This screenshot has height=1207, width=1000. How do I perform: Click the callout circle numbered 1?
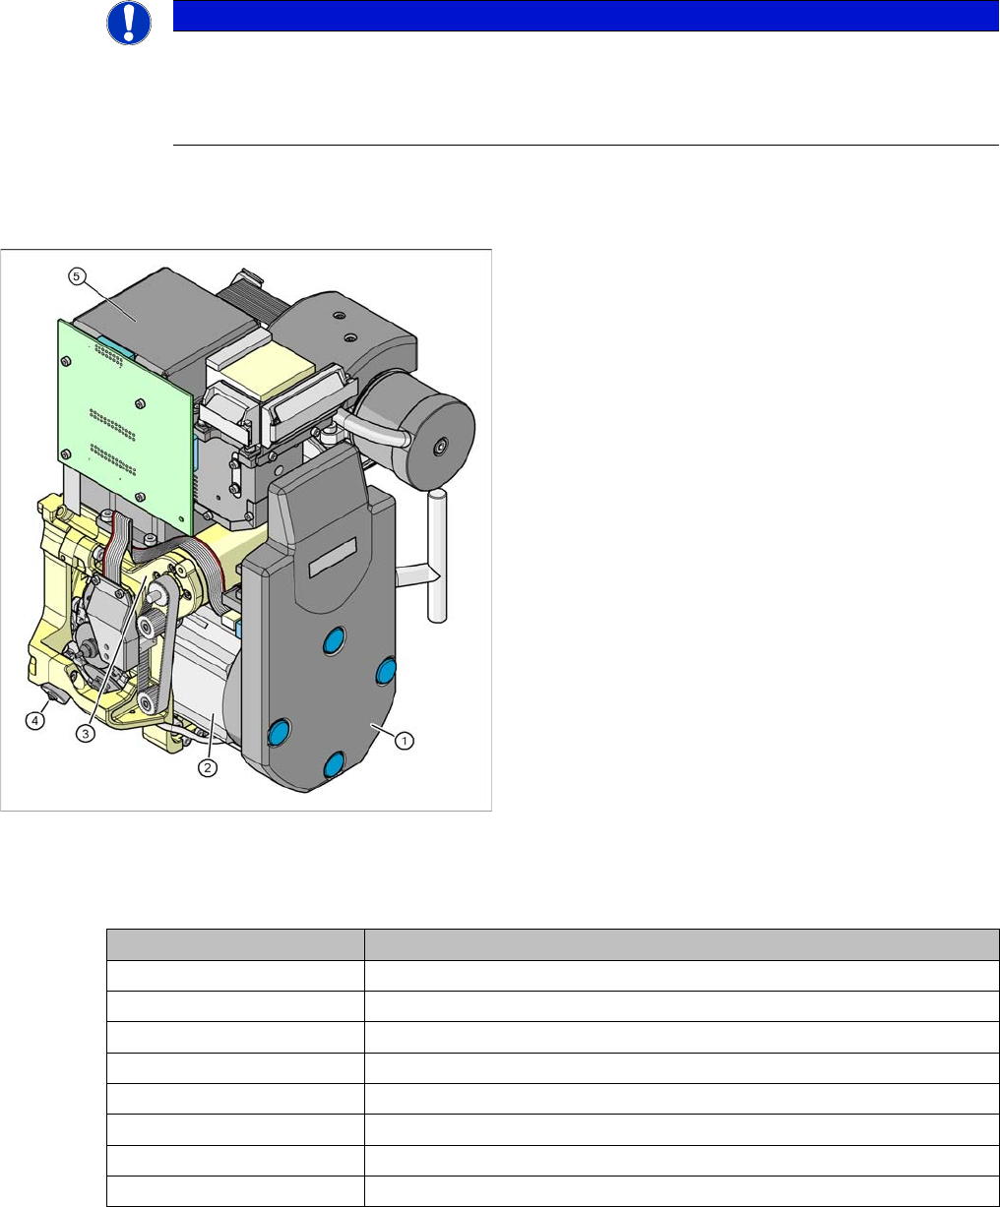pos(405,741)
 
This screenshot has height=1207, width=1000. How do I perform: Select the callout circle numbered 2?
pos(208,767)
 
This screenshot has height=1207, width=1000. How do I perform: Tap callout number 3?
pos(86,734)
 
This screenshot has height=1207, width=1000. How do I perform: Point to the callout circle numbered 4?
pos(35,721)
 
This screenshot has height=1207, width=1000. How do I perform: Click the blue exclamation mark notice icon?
pos(129,24)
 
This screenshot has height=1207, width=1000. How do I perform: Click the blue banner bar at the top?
pos(586,16)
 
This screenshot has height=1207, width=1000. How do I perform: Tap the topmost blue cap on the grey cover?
pos(334,640)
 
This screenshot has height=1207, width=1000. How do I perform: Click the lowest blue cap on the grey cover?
pos(334,764)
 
